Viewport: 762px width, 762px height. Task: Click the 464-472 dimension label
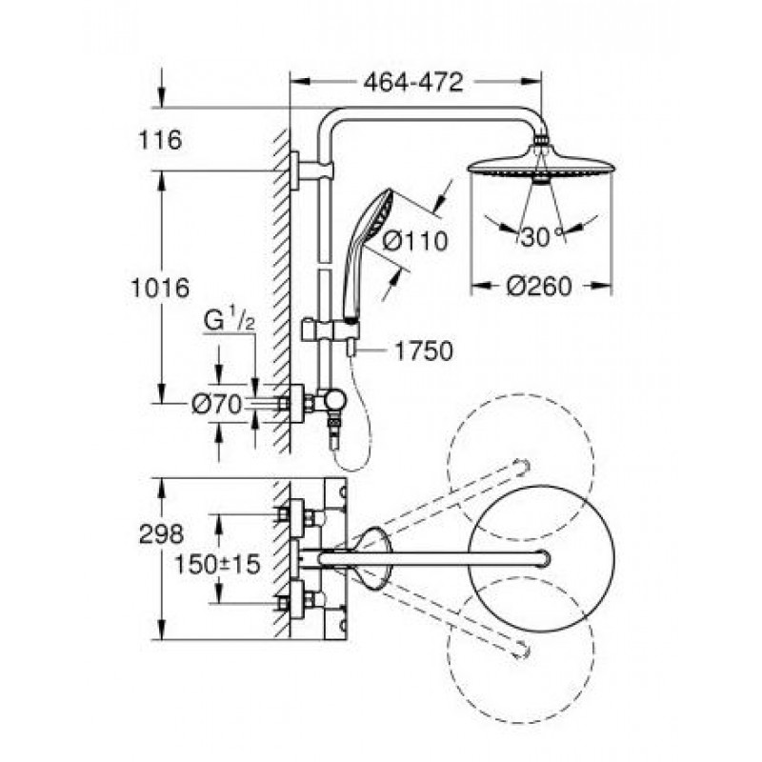413,83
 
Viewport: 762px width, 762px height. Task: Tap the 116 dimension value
160,140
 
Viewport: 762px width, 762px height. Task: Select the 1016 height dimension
160,288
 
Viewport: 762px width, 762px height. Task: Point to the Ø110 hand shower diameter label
414,241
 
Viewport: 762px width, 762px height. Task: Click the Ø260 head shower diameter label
539,286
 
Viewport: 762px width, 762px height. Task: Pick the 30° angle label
539,236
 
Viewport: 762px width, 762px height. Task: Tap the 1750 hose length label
423,351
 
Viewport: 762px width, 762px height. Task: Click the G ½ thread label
229,321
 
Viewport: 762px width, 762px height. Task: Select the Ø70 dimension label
216,404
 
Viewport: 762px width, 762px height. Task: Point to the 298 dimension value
161,534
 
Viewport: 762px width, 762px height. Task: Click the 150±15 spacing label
217,564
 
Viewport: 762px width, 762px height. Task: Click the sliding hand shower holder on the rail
331,331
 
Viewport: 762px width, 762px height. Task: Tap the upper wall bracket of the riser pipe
313,171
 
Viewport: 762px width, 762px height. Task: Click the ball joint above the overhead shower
541,141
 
